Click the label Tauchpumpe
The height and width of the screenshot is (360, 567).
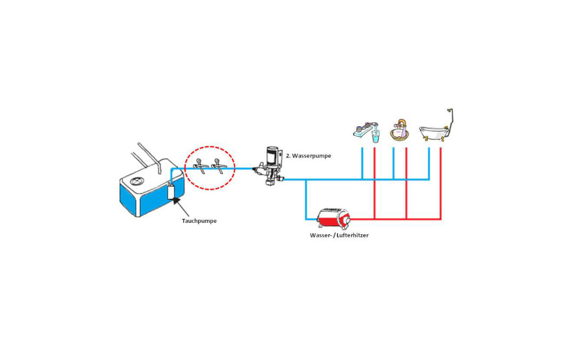click(199, 221)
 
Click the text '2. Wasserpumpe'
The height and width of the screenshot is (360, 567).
click(308, 155)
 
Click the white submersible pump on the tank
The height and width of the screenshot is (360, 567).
click(171, 191)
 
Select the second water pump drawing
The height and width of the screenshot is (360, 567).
click(269, 165)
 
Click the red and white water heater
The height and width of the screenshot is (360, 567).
click(333, 217)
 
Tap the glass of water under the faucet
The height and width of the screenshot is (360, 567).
click(375, 137)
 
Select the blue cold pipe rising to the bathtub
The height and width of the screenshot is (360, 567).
click(429, 163)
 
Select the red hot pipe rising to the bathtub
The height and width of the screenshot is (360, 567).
click(441, 183)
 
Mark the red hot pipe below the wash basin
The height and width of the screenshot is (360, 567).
click(406, 183)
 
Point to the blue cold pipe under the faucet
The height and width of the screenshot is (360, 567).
click(363, 163)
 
